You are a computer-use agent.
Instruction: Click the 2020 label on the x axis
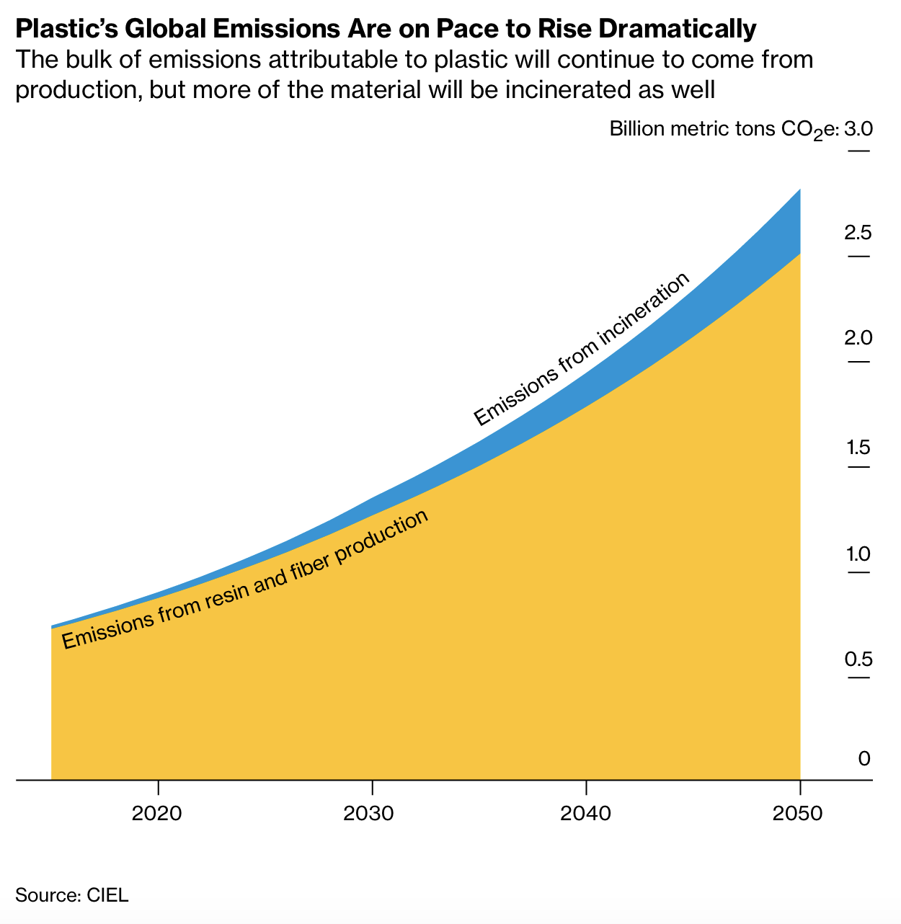pyautogui.click(x=157, y=814)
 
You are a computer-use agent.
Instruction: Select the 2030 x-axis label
pyautogui.click(x=371, y=814)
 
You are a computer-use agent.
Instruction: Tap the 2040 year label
pyautogui.click(x=585, y=814)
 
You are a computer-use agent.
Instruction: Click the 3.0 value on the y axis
pyautogui.click(x=858, y=130)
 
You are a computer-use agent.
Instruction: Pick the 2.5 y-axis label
pyautogui.click(x=858, y=233)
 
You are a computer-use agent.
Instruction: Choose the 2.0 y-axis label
pyautogui.click(x=858, y=338)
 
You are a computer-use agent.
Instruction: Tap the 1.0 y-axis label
pyautogui.click(x=858, y=554)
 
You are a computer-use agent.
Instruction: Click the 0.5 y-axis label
pyautogui.click(x=858, y=659)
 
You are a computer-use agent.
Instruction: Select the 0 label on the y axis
pyautogui.click(x=864, y=758)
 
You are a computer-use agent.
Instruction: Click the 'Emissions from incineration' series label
pyautogui.click(x=582, y=350)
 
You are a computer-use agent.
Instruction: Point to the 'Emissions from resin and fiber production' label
pyautogui.click(x=245, y=581)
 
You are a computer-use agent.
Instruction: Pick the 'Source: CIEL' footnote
pyautogui.click(x=72, y=895)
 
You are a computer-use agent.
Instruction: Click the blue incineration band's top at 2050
pyautogui.click(x=799, y=190)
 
